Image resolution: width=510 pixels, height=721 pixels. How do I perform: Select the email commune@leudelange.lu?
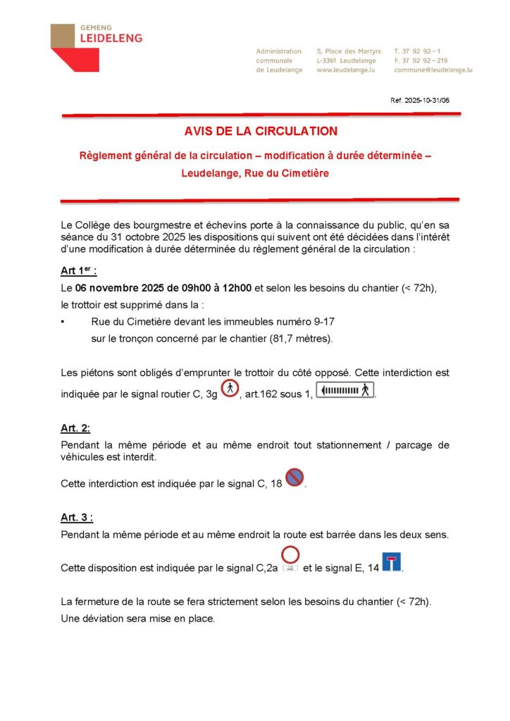point(433,70)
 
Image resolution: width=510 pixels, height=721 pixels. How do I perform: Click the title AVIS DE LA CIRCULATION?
point(261,131)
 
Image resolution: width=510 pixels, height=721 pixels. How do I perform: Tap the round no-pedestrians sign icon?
point(230,389)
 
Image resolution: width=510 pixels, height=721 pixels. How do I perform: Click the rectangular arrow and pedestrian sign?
point(345,390)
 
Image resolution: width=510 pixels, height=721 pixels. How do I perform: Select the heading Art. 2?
point(75,428)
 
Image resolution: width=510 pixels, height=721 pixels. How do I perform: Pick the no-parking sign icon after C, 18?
point(294,478)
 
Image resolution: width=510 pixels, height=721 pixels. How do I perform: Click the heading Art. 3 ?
point(77,518)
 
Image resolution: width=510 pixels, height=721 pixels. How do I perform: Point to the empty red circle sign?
point(290,555)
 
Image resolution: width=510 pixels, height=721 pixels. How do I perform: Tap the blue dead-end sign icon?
point(391,562)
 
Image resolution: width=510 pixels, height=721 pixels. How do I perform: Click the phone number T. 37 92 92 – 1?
point(418,51)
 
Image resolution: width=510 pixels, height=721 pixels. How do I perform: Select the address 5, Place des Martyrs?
point(349,51)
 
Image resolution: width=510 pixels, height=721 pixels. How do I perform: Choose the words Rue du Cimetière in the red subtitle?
point(286,173)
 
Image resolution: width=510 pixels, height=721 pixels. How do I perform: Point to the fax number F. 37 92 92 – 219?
point(421,61)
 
